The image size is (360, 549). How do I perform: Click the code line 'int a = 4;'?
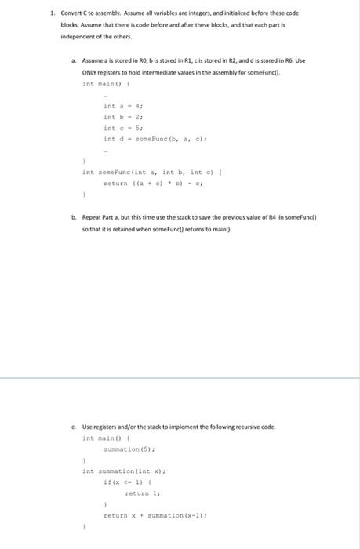(x=123, y=106)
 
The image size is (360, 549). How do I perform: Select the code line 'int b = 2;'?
(x=123, y=117)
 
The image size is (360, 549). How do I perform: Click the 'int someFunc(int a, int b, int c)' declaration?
(x=140, y=172)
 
